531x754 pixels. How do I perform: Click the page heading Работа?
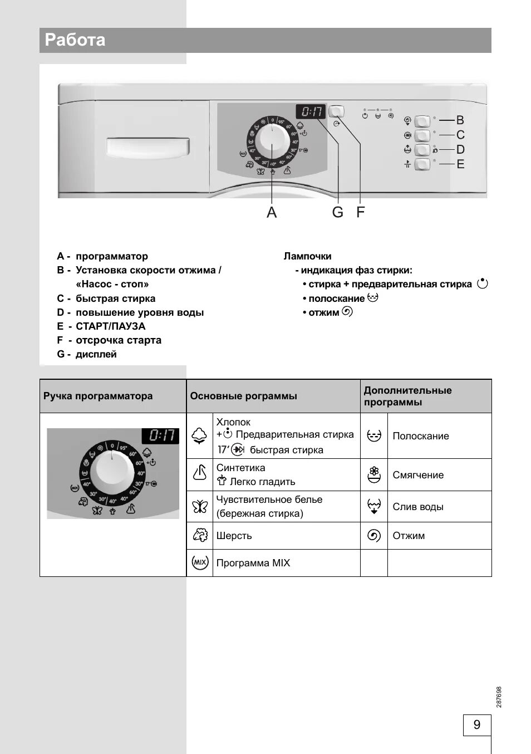[x=75, y=40]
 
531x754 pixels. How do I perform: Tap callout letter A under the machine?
[x=272, y=212]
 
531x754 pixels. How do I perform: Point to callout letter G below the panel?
[x=337, y=212]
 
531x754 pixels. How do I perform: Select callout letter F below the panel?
[x=360, y=212]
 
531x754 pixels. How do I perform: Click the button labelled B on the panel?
[x=422, y=121]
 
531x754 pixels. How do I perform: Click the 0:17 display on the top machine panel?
[x=311, y=111]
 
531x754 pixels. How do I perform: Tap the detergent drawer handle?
[x=147, y=147]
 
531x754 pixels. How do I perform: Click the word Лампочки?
[x=307, y=256]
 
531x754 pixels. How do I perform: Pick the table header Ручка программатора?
[x=98, y=396]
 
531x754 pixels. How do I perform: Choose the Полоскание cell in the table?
[x=420, y=436]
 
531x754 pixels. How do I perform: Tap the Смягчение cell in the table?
[x=418, y=475]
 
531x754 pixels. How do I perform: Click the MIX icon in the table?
[x=200, y=562]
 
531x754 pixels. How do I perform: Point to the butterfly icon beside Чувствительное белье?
[x=200, y=506]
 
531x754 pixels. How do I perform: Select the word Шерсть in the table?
[x=234, y=536]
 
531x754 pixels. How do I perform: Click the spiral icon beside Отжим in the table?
[x=374, y=536]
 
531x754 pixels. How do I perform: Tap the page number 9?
[x=476, y=724]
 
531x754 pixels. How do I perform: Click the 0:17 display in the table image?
[x=160, y=435]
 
